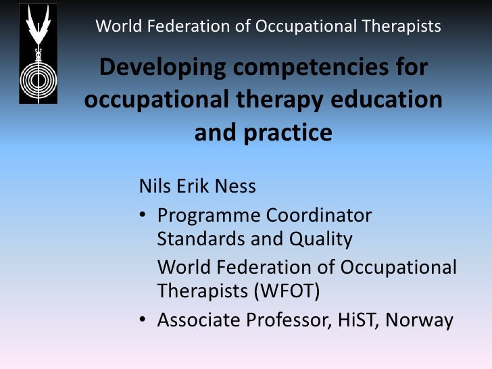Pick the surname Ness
pyautogui.click(x=236, y=186)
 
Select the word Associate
pyautogui.click(x=197, y=320)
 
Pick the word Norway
pyautogui.click(x=419, y=320)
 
